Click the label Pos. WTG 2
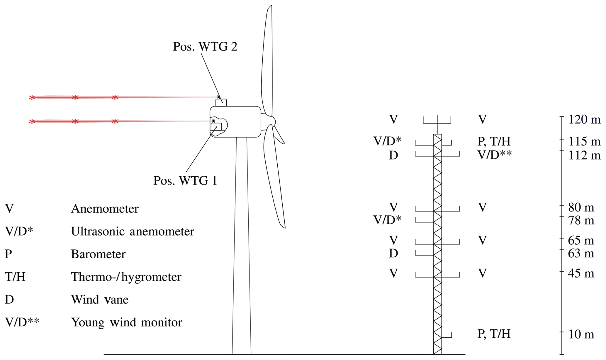[205, 47]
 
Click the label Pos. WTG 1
[185, 180]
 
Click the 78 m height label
[581, 220]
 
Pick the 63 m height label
[581, 253]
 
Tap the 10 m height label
[581, 334]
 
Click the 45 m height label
[581, 273]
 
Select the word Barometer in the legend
[98, 254]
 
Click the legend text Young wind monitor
[126, 322]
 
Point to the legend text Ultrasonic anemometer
[133, 231]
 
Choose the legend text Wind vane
[100, 300]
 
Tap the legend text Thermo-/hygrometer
[126, 277]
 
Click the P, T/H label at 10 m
[494, 334]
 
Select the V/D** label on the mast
[495, 155]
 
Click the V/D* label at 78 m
[387, 220]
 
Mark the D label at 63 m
[393, 253]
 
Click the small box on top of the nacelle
[221, 102]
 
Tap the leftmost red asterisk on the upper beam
[32, 97]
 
